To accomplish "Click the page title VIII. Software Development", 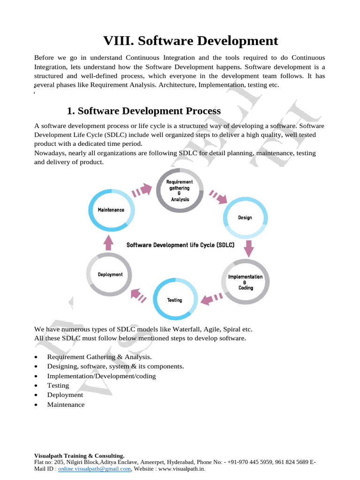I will tap(190, 41).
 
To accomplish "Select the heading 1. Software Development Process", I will tap(143, 111).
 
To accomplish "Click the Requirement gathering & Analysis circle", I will tap(180, 190).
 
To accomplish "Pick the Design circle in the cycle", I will tap(245, 217).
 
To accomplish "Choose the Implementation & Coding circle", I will tap(245, 282).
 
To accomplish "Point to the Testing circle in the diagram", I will tap(175, 300).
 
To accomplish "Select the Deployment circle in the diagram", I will tap(110, 274).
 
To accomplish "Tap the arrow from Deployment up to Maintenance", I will tap(109, 242).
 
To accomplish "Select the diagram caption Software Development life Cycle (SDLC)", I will tap(180, 245).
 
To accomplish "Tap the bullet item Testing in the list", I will tap(58, 385).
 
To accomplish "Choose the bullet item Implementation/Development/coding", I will tap(101, 376).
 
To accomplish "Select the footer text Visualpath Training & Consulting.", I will tap(79, 456).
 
